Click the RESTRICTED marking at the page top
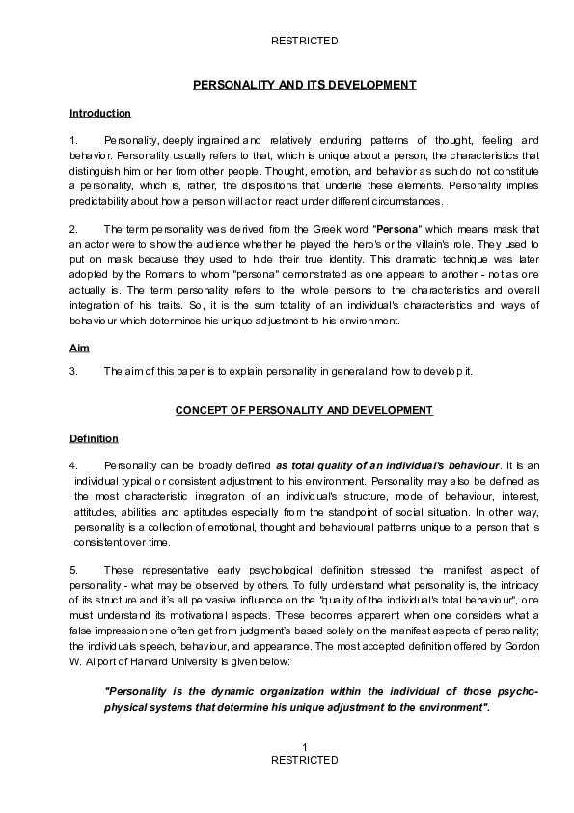[x=304, y=41]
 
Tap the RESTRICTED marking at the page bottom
[x=304, y=761]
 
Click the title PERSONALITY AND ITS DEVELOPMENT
[x=304, y=85]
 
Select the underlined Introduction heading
[x=99, y=113]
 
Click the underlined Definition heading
[x=94, y=438]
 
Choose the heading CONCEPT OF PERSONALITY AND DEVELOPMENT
[x=304, y=410]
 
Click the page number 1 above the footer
[x=304, y=748]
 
